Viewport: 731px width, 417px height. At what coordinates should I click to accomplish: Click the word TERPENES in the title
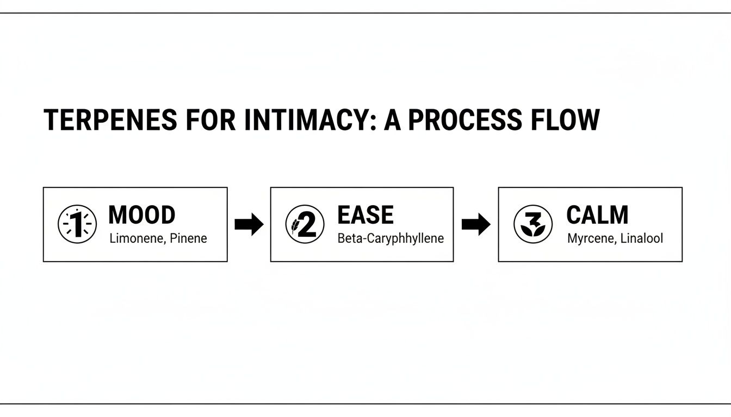pyautogui.click(x=110, y=120)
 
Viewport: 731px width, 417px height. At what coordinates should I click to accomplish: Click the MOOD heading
pyautogui.click(x=142, y=215)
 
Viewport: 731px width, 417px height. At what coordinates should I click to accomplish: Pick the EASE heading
pyautogui.click(x=365, y=215)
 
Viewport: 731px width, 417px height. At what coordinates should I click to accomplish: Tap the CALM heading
pyautogui.click(x=597, y=215)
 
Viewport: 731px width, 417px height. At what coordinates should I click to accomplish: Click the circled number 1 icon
pyautogui.click(x=77, y=224)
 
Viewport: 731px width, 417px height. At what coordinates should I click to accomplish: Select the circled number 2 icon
pyautogui.click(x=305, y=224)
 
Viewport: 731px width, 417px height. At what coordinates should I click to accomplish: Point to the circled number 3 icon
pyautogui.click(x=533, y=224)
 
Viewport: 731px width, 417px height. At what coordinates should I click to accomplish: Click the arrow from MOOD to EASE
pyautogui.click(x=249, y=225)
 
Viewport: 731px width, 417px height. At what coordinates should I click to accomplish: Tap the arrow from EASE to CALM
pyautogui.click(x=476, y=225)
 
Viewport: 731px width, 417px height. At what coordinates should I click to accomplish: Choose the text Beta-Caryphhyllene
pyautogui.click(x=391, y=238)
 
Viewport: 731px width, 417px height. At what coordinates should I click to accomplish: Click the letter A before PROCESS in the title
pyautogui.click(x=392, y=120)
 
